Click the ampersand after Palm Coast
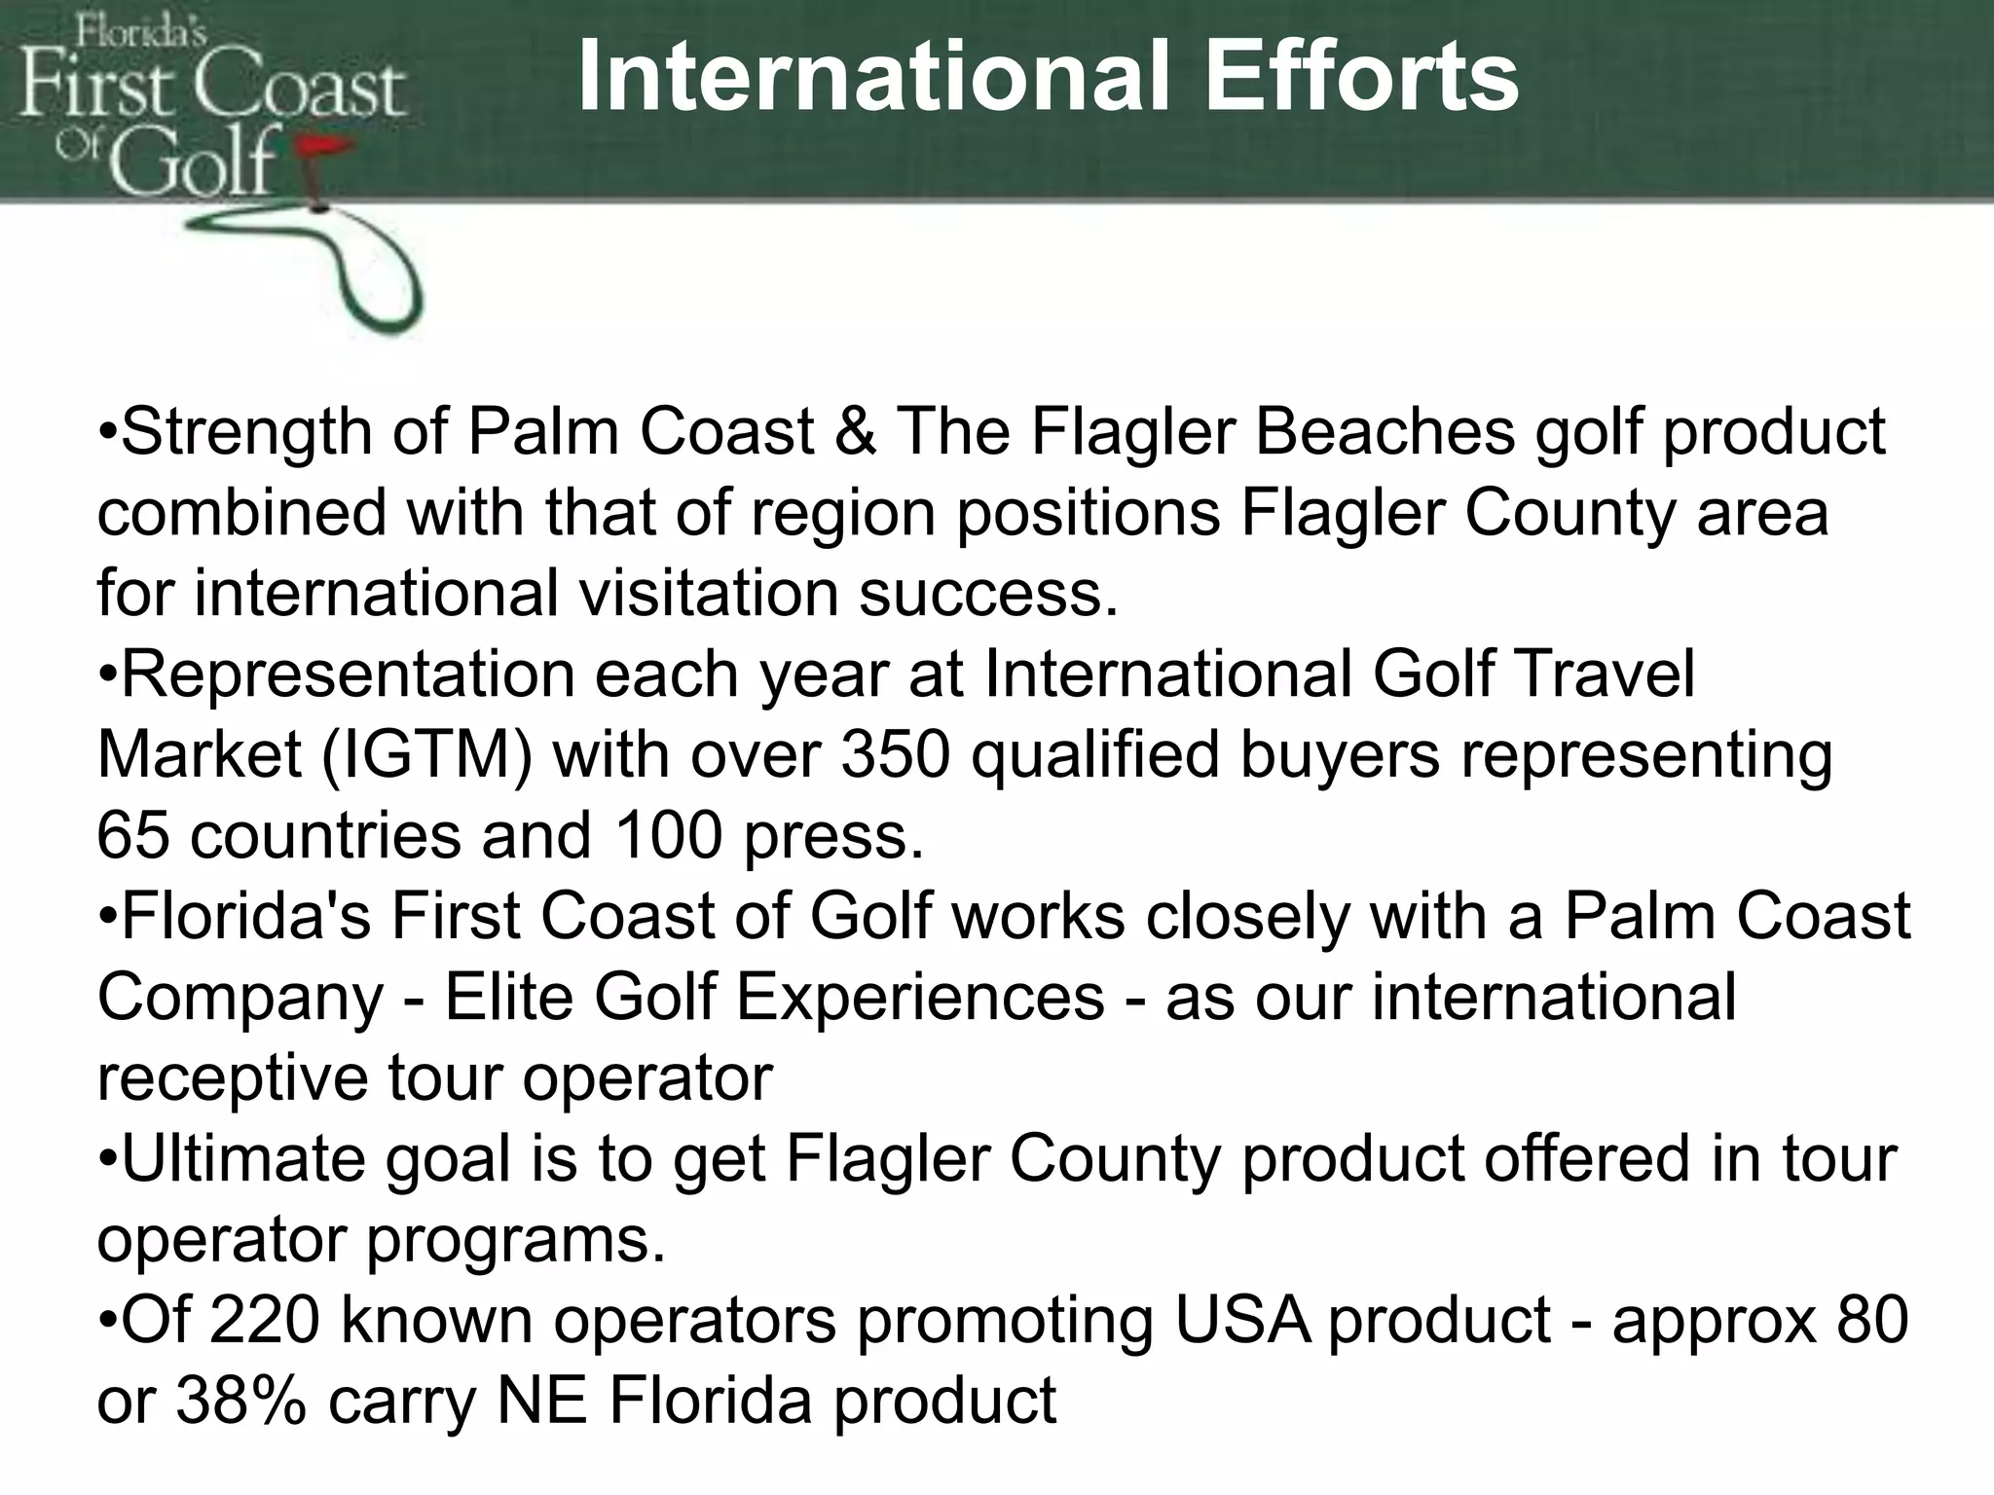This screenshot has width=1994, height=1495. (x=855, y=432)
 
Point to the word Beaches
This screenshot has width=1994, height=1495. (x=1385, y=432)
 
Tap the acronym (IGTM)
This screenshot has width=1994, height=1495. (x=427, y=756)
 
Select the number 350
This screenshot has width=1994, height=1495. (x=895, y=755)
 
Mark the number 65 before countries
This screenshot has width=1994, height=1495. (x=133, y=836)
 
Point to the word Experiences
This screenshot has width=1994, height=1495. (x=920, y=998)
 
